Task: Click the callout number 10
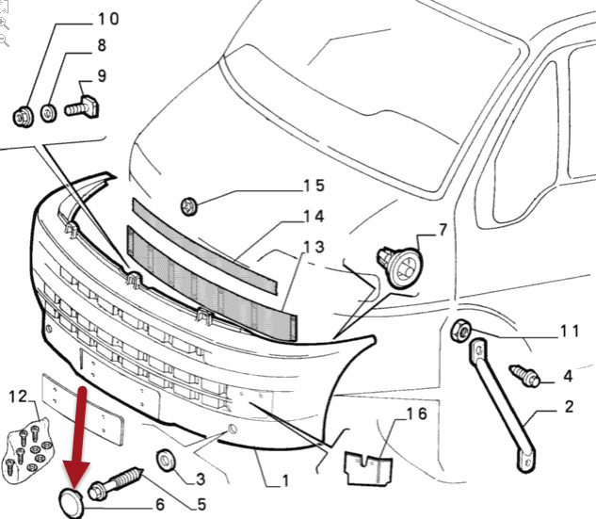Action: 108,19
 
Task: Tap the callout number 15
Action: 314,186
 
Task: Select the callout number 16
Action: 416,414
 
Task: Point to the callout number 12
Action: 18,397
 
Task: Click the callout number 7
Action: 443,230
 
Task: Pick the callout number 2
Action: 569,407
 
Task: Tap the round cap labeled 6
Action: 71,502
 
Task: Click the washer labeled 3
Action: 166,460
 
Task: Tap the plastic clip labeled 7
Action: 400,267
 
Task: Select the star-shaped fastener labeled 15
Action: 189,206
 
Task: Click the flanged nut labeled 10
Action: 24,117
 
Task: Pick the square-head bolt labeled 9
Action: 82,107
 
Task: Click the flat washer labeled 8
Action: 48,113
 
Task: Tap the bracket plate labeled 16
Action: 368,468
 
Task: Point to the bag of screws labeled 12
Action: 27,448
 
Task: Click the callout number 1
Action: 285,480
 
